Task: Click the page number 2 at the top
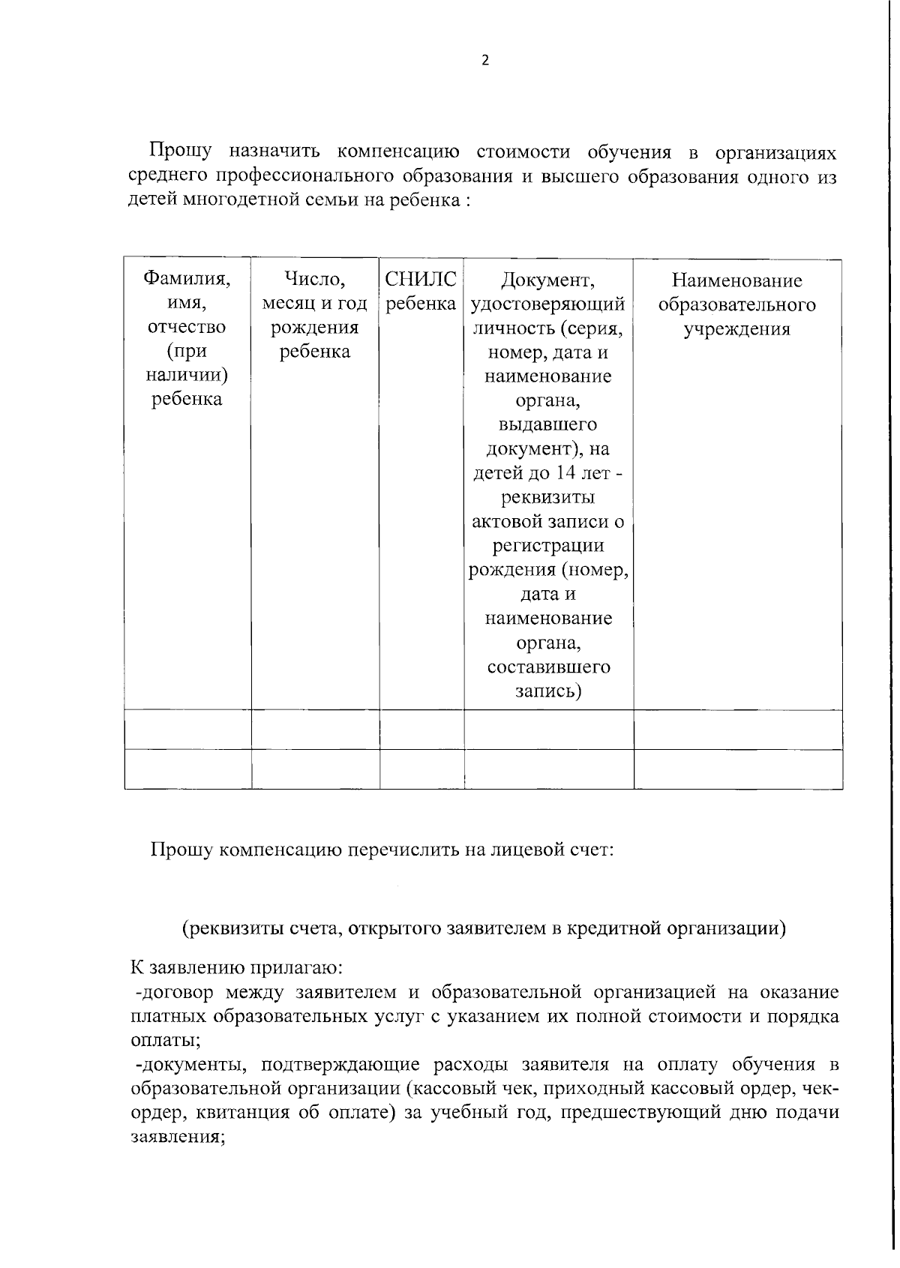click(x=484, y=61)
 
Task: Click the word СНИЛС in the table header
click(x=420, y=280)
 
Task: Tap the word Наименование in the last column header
click(x=736, y=280)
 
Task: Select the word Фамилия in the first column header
click(x=187, y=280)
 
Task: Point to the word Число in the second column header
click(x=314, y=280)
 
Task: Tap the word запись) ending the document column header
click(x=547, y=691)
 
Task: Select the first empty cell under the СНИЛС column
click(x=421, y=730)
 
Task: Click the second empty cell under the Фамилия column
click(x=187, y=769)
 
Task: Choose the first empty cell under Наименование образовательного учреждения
click(x=737, y=730)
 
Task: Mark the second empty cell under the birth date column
click(x=315, y=769)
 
